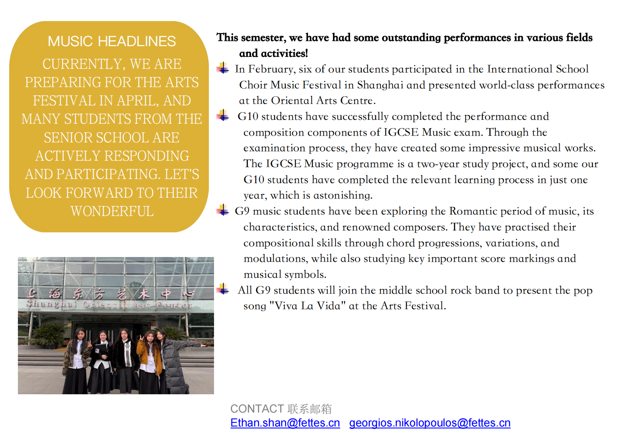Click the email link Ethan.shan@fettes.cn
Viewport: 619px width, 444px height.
[x=285, y=423]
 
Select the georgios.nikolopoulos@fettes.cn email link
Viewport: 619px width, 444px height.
[x=430, y=423]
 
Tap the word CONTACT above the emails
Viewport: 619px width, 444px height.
[x=257, y=409]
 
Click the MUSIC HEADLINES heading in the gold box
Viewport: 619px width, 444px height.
[x=112, y=41]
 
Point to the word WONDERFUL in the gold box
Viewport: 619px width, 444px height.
[x=112, y=211]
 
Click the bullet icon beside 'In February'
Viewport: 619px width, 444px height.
[x=223, y=68]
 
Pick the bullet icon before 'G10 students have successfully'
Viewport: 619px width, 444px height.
[x=223, y=115]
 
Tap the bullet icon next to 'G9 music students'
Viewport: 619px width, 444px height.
[x=223, y=210]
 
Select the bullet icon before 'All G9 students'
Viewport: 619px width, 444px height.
[x=223, y=289]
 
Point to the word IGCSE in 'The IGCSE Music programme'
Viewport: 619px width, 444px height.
[x=283, y=164]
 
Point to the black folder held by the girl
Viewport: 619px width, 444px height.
[x=101, y=350]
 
